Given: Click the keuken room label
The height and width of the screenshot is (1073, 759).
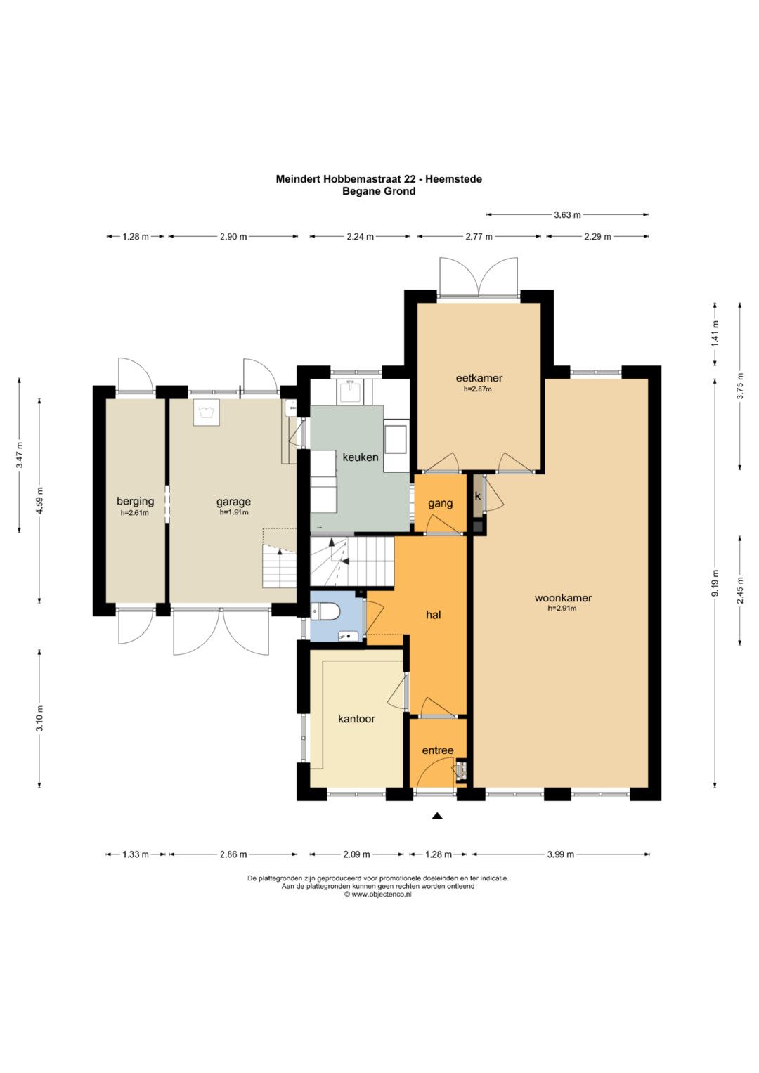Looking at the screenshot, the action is click(x=361, y=457).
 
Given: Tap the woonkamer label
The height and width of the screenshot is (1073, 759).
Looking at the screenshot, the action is click(x=563, y=598).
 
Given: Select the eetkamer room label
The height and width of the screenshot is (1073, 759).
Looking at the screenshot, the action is click(x=479, y=379).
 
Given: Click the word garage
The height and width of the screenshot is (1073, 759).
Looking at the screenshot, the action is click(x=233, y=502).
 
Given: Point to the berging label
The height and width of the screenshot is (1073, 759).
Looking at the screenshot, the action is click(x=136, y=502).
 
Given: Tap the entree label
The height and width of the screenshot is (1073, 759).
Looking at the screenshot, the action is click(x=437, y=750).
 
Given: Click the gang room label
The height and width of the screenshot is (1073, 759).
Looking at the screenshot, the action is click(x=440, y=503).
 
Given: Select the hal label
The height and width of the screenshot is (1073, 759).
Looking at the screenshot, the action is click(x=433, y=615).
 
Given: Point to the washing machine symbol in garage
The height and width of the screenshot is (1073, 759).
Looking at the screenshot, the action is click(x=207, y=412).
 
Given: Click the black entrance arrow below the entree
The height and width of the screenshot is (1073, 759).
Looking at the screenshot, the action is click(x=436, y=816).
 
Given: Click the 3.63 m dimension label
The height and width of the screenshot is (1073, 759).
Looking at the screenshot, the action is click(x=567, y=214).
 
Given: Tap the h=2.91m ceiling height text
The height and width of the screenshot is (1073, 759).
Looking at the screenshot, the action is click(x=562, y=609).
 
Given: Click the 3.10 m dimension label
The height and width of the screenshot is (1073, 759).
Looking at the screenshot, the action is click(x=39, y=718).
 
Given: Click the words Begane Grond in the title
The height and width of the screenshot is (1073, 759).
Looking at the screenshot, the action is click(x=379, y=191).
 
